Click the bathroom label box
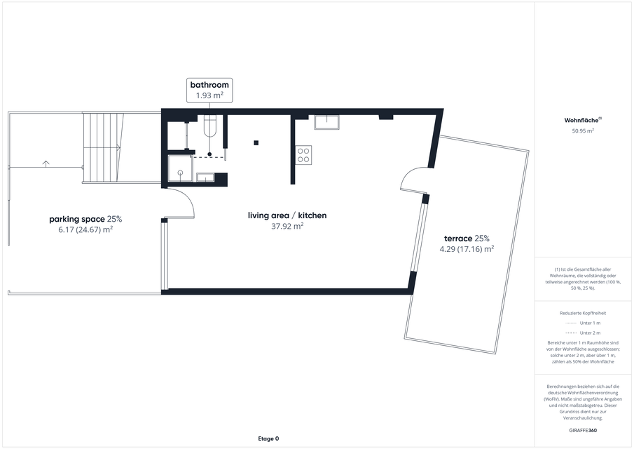pyautogui.click(x=209, y=91)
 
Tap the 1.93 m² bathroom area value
pyautogui.click(x=210, y=95)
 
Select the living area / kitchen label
pyautogui.click(x=287, y=215)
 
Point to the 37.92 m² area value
pyautogui.click(x=287, y=226)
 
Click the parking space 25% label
pyautogui.click(x=85, y=219)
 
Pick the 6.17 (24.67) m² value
pyautogui.click(x=85, y=229)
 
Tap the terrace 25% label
pyautogui.click(x=467, y=239)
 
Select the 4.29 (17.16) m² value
pyautogui.click(x=467, y=249)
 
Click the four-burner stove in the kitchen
pyautogui.click(x=303, y=154)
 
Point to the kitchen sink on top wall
pyautogui.click(x=327, y=122)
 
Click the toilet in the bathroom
pyautogui.click(x=210, y=126)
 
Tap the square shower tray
pyautogui.click(x=180, y=169)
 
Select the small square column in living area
pyautogui.click(x=256, y=142)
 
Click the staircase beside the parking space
pyautogui.click(x=102, y=147)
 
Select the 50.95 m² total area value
pyautogui.click(x=583, y=130)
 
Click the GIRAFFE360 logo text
pyautogui.click(x=583, y=430)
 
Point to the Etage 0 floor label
pyautogui.click(x=268, y=438)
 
